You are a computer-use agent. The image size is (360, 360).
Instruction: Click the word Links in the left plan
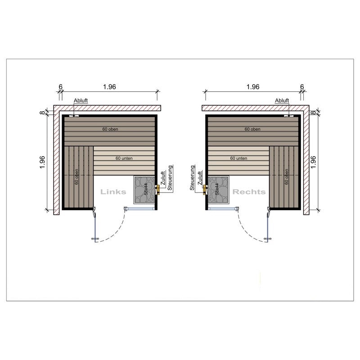(113, 192)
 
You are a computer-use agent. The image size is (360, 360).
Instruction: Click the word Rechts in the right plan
(249, 192)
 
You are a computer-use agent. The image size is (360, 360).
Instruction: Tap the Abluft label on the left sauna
(81, 100)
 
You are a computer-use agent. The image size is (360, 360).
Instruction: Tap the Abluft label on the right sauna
(282, 100)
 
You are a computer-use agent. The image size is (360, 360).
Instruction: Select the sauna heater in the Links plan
(144, 190)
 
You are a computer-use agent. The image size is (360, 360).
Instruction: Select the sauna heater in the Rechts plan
(218, 190)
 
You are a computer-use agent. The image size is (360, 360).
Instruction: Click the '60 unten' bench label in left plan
(124, 158)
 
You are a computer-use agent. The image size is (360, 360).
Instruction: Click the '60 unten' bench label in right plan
(238, 158)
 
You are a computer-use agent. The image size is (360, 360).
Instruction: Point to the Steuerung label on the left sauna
(170, 178)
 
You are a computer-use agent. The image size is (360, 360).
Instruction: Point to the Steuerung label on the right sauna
(192, 178)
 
